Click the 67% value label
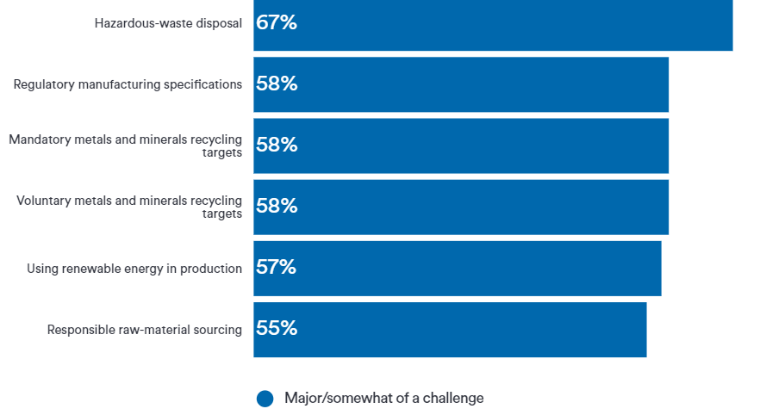tap(277, 23)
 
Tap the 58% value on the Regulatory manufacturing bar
tap(277, 84)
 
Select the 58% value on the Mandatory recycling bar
tap(277, 146)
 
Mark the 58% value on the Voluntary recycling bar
tap(277, 207)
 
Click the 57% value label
tap(277, 268)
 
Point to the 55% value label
tap(277, 329)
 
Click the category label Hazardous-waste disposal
tap(168, 23)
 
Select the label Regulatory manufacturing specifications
tap(128, 84)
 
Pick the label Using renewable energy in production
tap(134, 269)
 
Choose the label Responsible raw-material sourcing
tap(144, 330)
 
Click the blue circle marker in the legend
tap(265, 399)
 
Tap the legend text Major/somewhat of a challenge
tap(383, 398)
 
